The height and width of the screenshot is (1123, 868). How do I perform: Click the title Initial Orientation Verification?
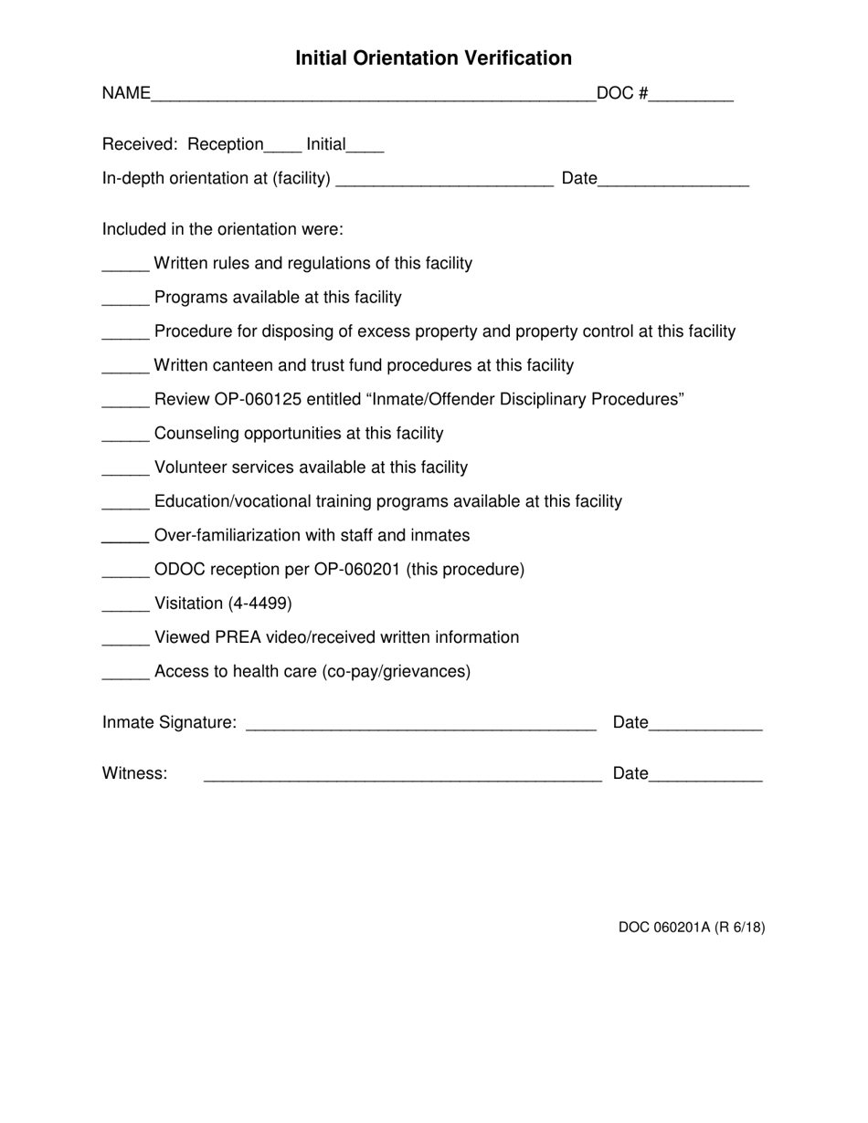point(433,58)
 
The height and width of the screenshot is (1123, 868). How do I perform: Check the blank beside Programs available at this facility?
point(125,302)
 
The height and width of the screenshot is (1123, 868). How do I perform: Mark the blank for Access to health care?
point(125,677)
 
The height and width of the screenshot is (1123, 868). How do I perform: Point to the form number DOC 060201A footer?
point(692,928)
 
